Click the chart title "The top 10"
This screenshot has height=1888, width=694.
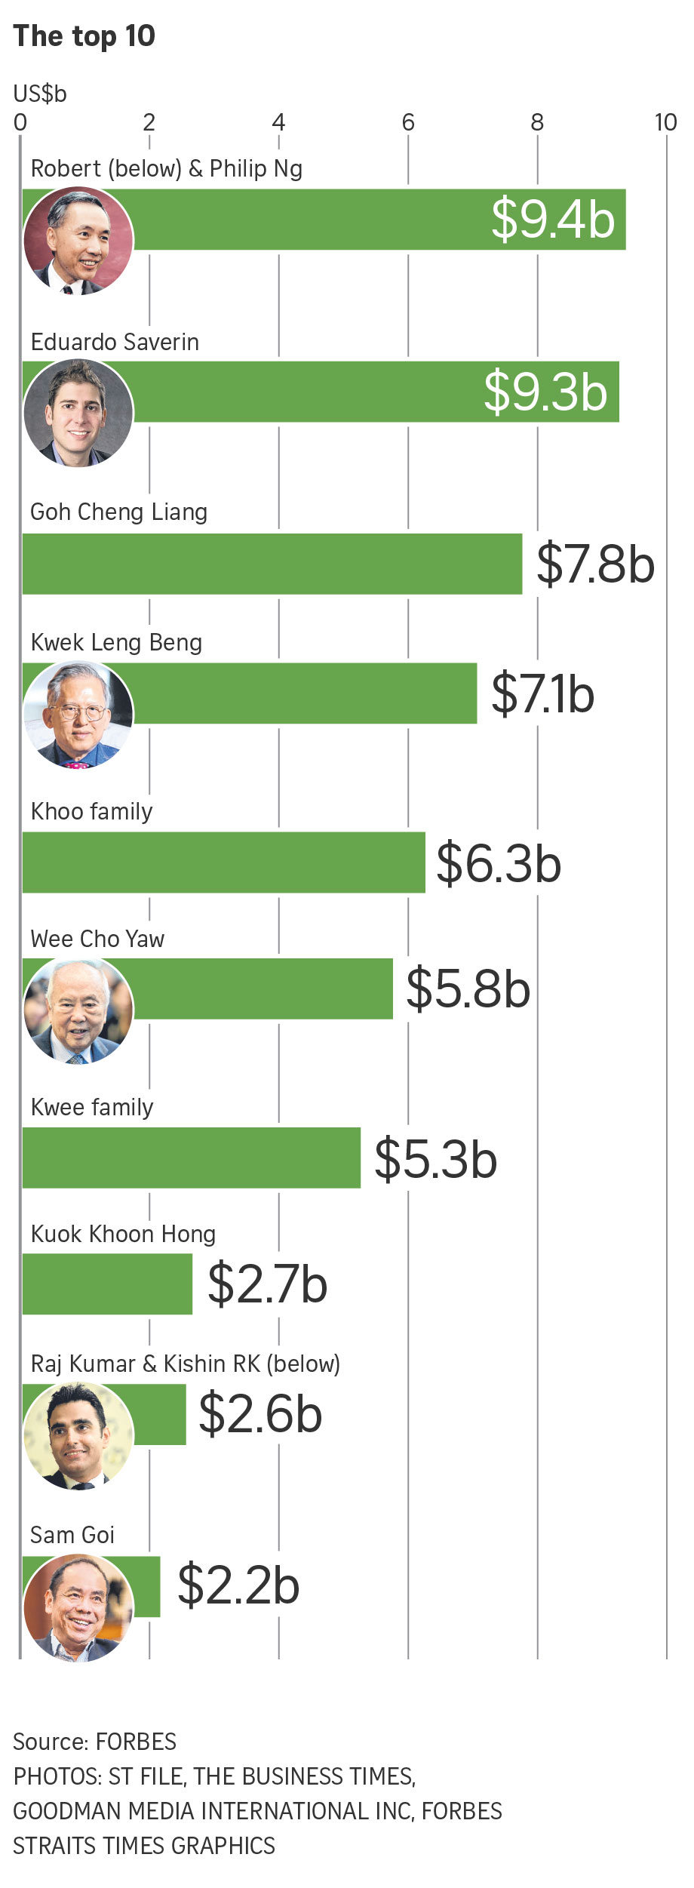(84, 36)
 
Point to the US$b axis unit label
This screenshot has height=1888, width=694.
(40, 94)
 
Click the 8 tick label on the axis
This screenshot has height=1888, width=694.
(537, 122)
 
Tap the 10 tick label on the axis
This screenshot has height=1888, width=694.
(665, 122)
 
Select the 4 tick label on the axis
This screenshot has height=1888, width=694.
(278, 122)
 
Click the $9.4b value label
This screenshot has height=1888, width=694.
(553, 220)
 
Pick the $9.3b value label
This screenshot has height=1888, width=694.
(545, 392)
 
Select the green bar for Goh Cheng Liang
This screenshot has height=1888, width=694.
(272, 564)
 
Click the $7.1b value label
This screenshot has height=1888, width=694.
(542, 694)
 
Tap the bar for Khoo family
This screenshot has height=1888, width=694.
(223, 863)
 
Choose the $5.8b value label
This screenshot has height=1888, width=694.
(468, 989)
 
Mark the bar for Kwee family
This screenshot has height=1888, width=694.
(192, 1158)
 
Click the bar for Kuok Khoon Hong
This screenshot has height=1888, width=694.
(107, 1284)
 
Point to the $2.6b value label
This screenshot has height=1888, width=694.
(260, 1413)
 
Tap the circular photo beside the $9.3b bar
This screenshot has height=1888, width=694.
(78, 413)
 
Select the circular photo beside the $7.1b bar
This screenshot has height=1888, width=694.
(78, 714)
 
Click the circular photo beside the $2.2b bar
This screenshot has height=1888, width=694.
(78, 1607)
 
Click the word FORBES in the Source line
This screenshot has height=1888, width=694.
(136, 1742)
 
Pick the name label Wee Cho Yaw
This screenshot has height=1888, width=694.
(97, 939)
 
